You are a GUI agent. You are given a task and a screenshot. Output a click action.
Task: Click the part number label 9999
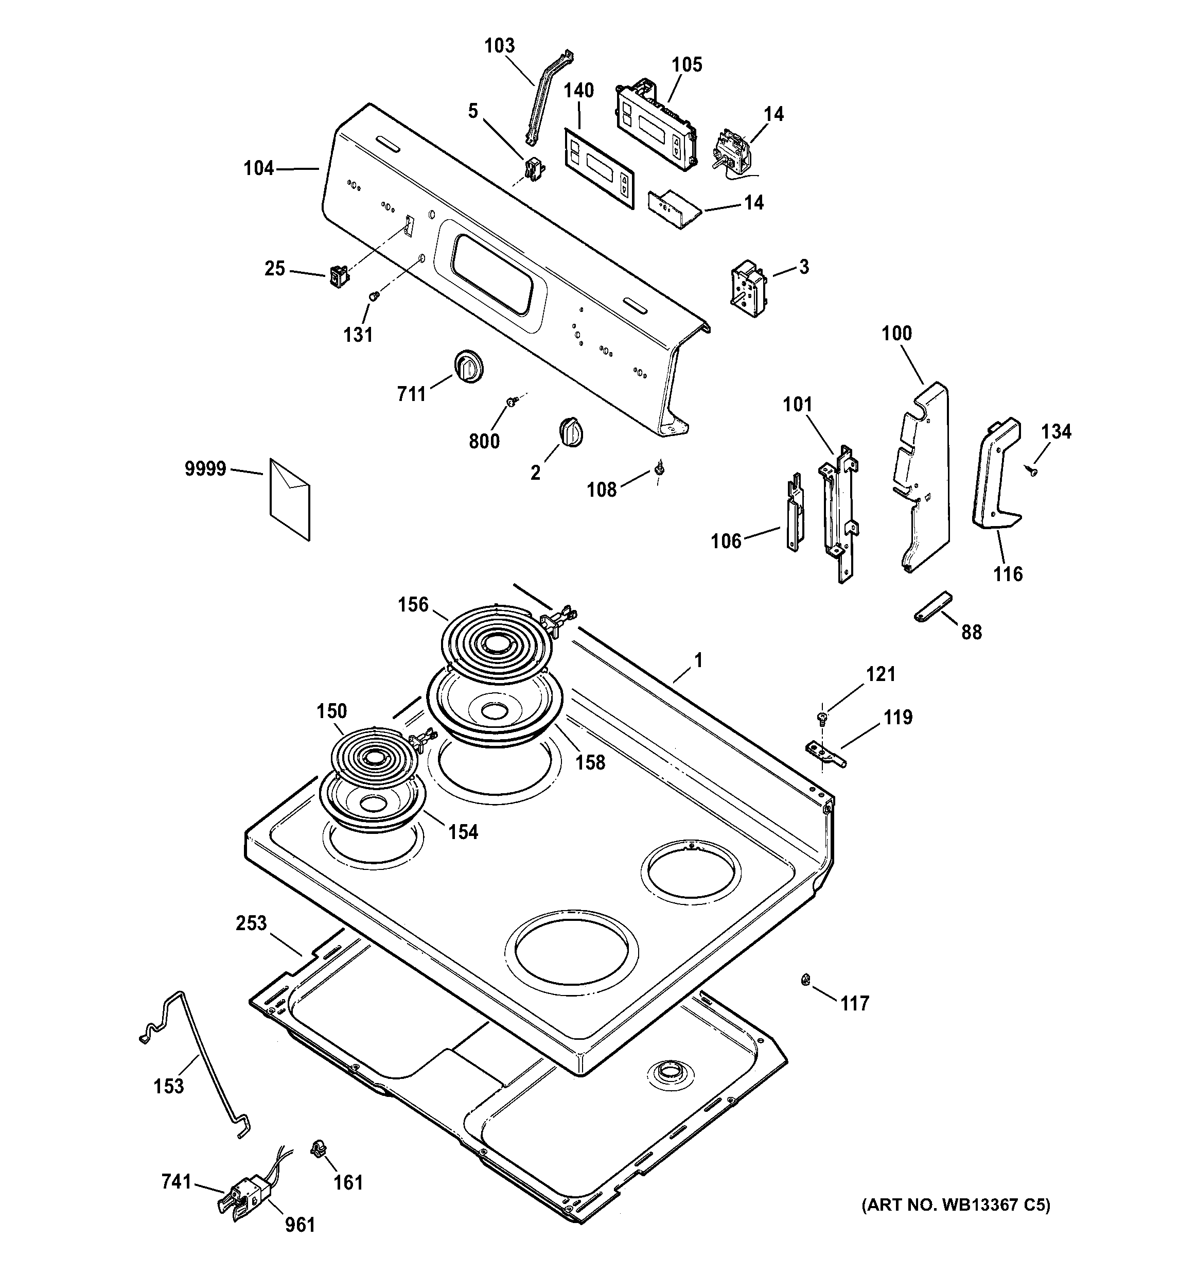click(205, 469)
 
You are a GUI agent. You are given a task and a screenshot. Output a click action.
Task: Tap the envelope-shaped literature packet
click(290, 499)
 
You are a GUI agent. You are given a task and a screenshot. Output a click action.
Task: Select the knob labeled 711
click(468, 367)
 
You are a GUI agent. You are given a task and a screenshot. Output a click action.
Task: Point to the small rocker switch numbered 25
click(338, 277)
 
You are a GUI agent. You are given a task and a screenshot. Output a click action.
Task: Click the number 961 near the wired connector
click(300, 1225)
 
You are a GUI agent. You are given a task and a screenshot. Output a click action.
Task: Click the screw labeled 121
click(821, 718)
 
